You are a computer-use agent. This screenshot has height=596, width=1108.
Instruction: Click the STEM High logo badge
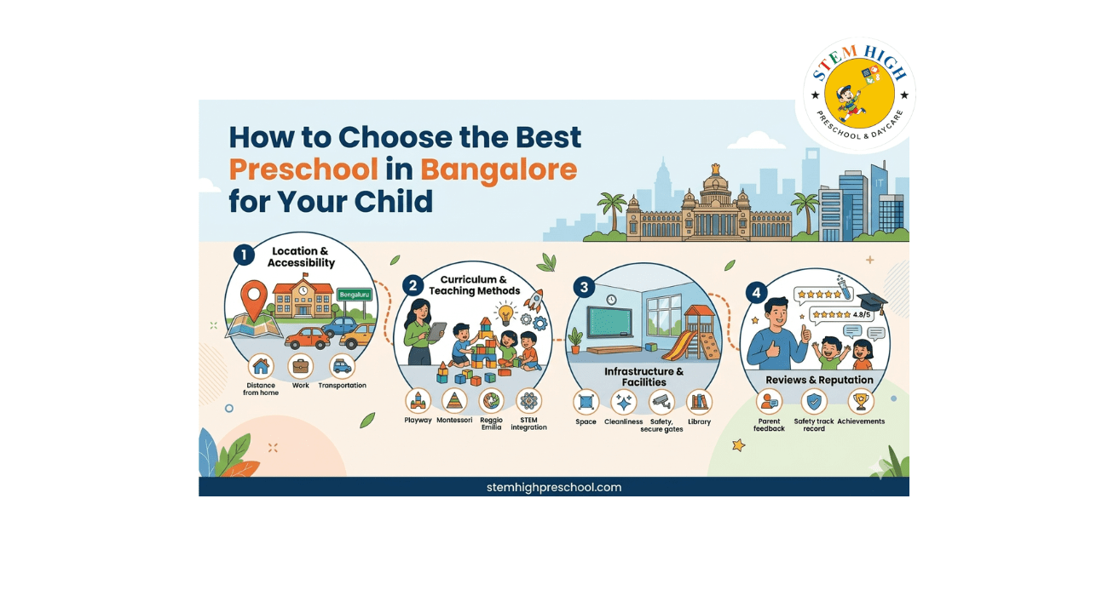[x=859, y=94]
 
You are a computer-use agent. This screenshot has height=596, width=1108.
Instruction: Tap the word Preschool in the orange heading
[x=303, y=169]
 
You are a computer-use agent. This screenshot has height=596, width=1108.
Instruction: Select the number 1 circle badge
[x=244, y=254]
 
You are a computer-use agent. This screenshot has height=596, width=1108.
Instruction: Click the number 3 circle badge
[x=584, y=287]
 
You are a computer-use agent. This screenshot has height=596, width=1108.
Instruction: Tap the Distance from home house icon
[x=261, y=367]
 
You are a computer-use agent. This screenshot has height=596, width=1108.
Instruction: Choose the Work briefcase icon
[x=300, y=367]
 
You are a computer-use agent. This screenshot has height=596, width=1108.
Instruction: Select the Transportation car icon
[x=342, y=367]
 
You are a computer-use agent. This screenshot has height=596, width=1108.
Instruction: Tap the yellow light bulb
[x=507, y=313]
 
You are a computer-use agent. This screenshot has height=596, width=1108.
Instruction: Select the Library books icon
[x=699, y=402]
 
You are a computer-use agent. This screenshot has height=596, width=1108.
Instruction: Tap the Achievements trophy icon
[x=861, y=401]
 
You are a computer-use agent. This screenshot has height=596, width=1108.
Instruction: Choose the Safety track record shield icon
[x=815, y=401]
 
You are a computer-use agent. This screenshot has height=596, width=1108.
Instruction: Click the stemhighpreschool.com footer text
[x=554, y=488]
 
